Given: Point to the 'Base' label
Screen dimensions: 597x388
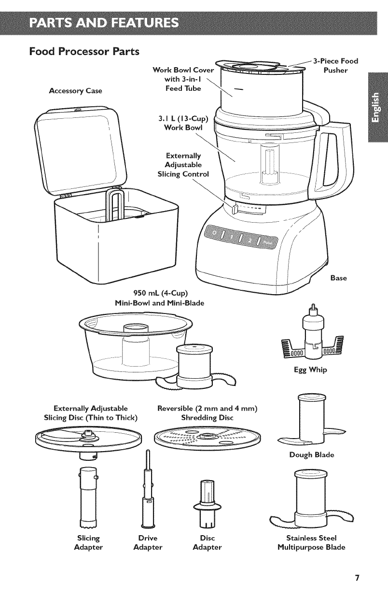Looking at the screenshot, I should click(340, 278).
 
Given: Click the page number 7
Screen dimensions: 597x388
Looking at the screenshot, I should click(357, 578).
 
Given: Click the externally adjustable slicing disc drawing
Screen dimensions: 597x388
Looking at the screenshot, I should click(88, 439).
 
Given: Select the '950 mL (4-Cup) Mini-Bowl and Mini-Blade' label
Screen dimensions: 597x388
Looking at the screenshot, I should click(159, 298).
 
